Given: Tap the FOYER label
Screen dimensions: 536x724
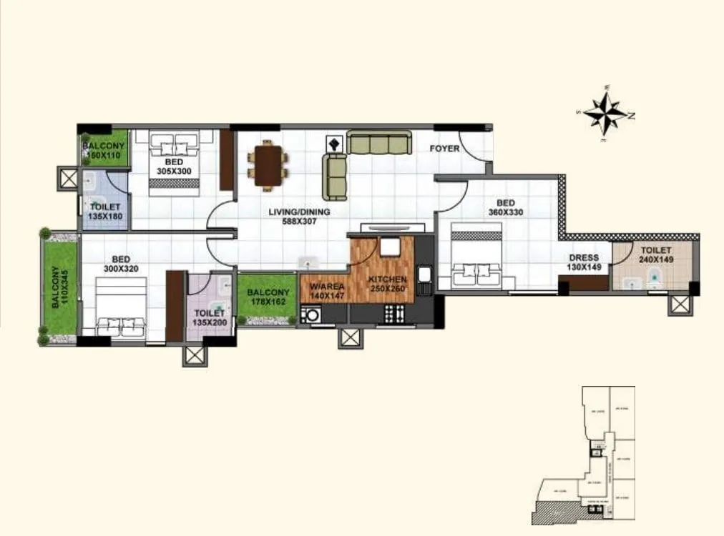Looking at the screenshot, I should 444,149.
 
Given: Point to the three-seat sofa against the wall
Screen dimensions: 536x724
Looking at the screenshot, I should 379,142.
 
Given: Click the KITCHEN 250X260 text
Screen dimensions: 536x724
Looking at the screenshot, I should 387,284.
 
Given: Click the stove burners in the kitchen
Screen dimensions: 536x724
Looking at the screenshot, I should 394,313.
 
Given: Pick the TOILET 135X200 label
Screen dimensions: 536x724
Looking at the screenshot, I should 209,318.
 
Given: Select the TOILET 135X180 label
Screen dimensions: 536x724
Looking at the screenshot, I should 104,211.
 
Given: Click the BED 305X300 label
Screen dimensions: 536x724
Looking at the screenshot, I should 174,167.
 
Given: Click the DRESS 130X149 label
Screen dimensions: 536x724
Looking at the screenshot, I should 584,262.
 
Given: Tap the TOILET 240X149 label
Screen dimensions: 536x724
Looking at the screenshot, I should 656,255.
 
